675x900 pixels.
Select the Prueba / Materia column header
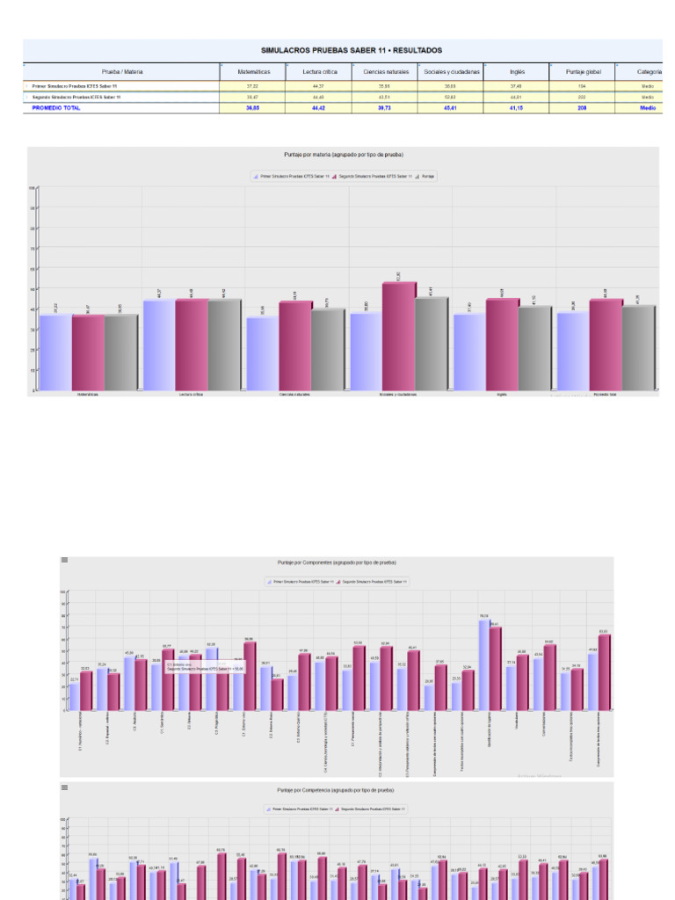coord(122,72)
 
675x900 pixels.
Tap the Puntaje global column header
coord(576,72)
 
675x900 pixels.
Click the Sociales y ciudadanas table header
coord(452,72)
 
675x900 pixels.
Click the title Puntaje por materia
coord(344,154)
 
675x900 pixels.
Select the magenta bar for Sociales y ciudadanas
coord(399,336)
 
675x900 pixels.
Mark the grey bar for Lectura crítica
coord(224,345)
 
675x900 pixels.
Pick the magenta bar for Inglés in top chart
coord(502,345)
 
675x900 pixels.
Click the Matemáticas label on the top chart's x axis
coord(88,395)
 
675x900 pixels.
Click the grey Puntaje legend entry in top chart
coord(427,176)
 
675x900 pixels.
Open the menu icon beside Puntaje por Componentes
coord(64,559)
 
